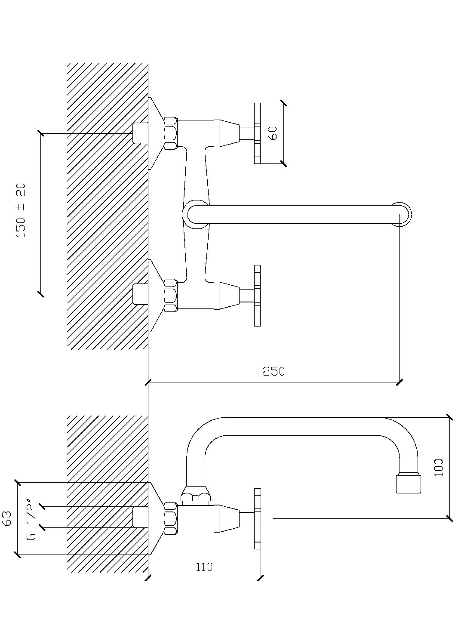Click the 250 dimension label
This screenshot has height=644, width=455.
point(274,371)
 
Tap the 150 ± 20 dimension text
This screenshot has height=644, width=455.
point(21,210)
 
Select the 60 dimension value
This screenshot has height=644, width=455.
point(274,133)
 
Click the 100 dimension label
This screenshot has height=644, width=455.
point(438,468)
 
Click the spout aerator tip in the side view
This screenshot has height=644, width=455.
point(409,484)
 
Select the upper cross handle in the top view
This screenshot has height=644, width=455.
point(257,133)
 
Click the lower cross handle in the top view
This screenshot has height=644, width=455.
point(257,296)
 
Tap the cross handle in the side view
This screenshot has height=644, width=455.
point(257,518)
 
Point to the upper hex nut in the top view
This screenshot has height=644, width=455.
point(170,133)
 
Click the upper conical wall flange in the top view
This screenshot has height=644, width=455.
point(156,133)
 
